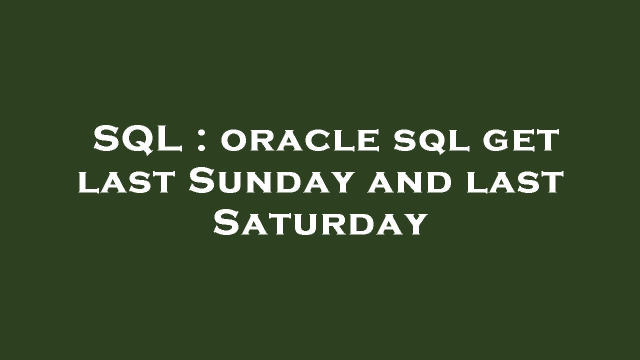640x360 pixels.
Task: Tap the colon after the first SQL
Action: click(x=201, y=141)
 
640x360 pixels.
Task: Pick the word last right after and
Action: click(x=514, y=182)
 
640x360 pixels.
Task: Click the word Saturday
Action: click(x=320, y=223)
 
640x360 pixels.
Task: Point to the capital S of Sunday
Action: click(x=202, y=181)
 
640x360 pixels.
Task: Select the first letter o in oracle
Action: click(x=231, y=141)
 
